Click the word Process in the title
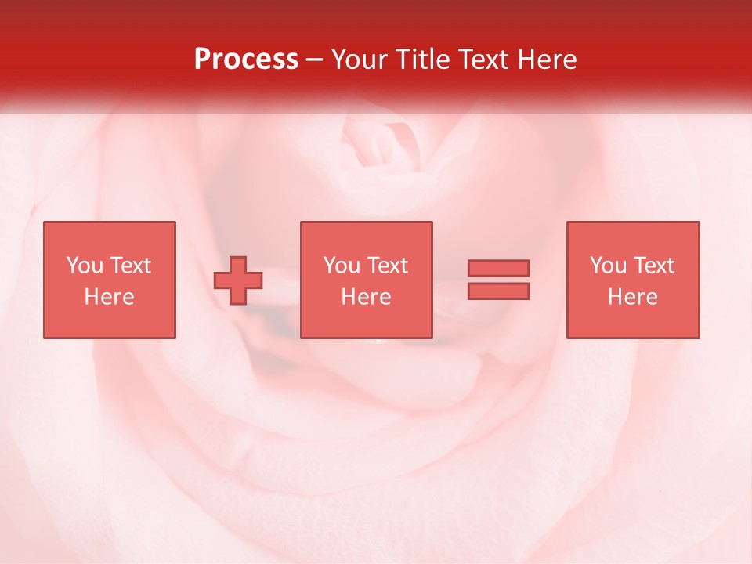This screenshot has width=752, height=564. click(x=246, y=60)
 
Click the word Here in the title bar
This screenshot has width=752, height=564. click(x=548, y=60)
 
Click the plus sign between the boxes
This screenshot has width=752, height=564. click(x=238, y=280)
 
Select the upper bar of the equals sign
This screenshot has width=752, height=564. click(x=498, y=268)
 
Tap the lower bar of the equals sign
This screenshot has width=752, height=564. click(x=498, y=291)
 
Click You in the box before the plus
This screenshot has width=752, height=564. click(x=84, y=266)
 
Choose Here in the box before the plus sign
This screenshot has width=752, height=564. click(x=109, y=297)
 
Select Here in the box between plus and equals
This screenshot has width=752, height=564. click(x=366, y=297)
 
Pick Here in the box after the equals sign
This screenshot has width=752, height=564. click(x=632, y=297)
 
